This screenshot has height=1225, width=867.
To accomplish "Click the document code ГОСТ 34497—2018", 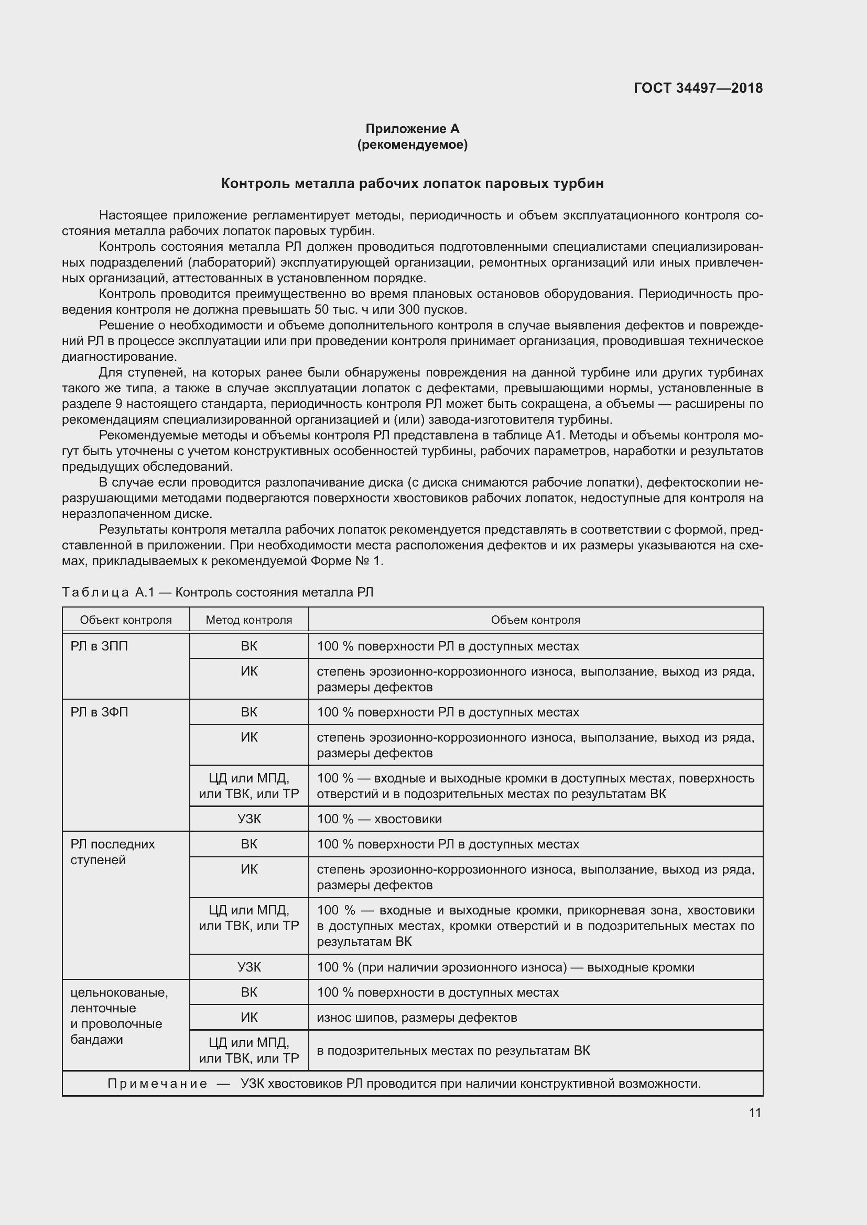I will coord(698,88).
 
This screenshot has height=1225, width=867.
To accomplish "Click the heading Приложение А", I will coord(412,129).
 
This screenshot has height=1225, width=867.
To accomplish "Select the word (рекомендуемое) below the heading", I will coord(412,145).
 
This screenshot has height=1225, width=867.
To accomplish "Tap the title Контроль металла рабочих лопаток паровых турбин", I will coord(412,183).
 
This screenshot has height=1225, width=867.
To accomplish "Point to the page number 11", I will coord(754,1112).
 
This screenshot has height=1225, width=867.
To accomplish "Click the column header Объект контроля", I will coord(125,620).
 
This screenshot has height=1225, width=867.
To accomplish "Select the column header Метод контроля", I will coord(249,620).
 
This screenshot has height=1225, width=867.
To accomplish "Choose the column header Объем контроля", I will coord(535,620).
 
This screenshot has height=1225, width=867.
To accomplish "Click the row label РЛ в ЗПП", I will coord(99,646).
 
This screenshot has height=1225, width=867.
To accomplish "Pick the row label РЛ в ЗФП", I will coord(99,712).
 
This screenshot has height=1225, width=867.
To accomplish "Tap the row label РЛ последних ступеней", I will coord(112,852).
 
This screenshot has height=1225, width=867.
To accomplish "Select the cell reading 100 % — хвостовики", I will coord(379,819).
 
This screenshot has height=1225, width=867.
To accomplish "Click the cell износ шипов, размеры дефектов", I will coord(416,1018).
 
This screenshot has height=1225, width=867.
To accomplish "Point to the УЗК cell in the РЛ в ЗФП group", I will coord(249,819).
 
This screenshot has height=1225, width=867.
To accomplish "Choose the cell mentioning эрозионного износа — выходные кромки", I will coord(505,967).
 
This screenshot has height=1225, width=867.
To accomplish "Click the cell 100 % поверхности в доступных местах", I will coord(438,992).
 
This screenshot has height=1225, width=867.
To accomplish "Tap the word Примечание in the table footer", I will coord(157,1084).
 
